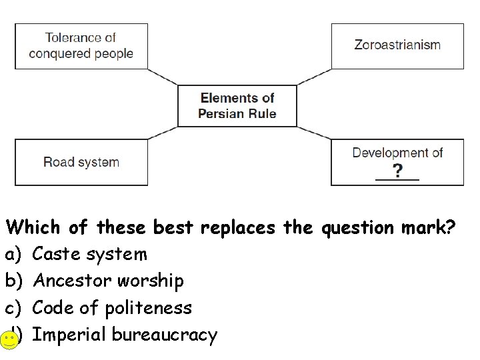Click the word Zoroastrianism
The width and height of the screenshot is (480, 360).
coord(397,45)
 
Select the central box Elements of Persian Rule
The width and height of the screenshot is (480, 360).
coord(237,106)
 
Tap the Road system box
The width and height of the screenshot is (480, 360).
coord(81,162)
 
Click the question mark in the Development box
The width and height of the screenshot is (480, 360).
coord(397,171)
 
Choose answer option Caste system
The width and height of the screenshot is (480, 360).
coord(89,254)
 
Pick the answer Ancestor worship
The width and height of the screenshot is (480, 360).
coord(107,281)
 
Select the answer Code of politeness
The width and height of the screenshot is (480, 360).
coord(111,307)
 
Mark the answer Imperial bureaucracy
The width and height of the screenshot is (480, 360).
coord(124,334)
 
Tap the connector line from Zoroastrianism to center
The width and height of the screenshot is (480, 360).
coord(313,77)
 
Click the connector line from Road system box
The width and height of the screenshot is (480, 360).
coord(163,133)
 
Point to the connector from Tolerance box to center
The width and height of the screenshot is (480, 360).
coord(163,77)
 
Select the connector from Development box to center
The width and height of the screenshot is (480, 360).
coord(313,133)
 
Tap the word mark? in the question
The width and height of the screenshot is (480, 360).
coord(429,227)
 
